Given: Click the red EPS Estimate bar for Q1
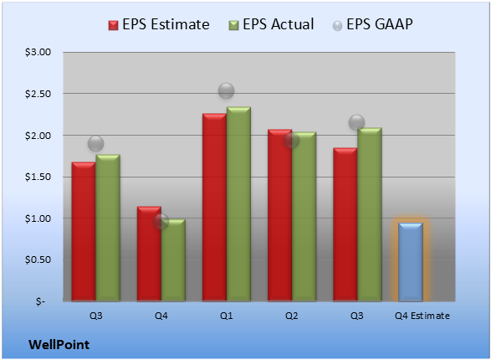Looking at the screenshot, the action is (214, 207).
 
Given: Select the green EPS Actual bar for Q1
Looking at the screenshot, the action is (238, 204).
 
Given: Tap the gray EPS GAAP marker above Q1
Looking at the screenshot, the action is (226, 91).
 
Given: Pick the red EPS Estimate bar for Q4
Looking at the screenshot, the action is (149, 254).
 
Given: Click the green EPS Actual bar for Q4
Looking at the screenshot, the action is (173, 260).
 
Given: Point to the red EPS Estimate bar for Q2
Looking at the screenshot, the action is (279, 215).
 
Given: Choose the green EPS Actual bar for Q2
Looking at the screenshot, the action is (304, 217).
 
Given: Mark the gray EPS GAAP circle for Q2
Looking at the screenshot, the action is (292, 140).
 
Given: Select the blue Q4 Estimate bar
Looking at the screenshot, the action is (411, 262).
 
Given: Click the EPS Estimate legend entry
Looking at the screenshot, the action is (159, 24).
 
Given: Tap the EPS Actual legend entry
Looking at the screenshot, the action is (271, 24).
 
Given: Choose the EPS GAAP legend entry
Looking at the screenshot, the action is (372, 24).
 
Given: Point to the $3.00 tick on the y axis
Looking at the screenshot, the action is (38, 52).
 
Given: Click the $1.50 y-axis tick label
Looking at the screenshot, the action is (38, 177).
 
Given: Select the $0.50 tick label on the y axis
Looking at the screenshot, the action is (38, 260).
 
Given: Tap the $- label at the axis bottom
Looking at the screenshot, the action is (40, 301).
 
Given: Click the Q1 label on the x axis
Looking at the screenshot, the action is (226, 316).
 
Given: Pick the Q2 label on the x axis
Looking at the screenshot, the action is (292, 316).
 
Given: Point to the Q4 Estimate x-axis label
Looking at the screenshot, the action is (422, 316).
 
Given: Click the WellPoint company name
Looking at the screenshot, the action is (59, 345).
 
